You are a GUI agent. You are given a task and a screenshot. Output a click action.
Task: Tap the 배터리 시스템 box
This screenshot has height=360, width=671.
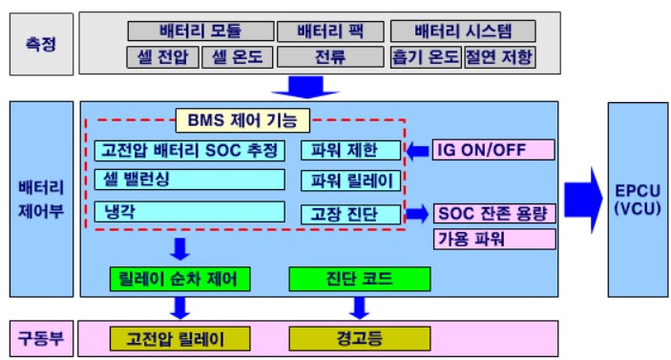tap(462, 31)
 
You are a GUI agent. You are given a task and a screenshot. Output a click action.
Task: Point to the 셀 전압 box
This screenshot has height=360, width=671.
tap(161, 57)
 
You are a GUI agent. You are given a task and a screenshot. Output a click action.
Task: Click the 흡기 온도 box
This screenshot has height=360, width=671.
tap(425, 57)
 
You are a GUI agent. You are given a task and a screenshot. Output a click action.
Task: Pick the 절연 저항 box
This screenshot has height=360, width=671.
tap(499, 57)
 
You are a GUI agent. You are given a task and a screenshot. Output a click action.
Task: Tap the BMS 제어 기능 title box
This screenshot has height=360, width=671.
tap(242, 120)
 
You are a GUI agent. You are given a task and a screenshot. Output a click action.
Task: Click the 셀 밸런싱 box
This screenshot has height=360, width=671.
tap(190, 180)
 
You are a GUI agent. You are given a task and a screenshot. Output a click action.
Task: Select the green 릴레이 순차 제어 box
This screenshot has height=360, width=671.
tap(179, 279)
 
